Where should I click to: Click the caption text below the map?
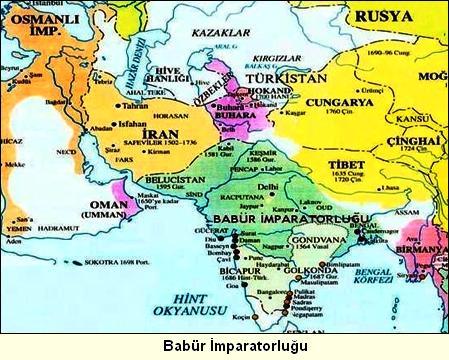click(225, 345)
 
